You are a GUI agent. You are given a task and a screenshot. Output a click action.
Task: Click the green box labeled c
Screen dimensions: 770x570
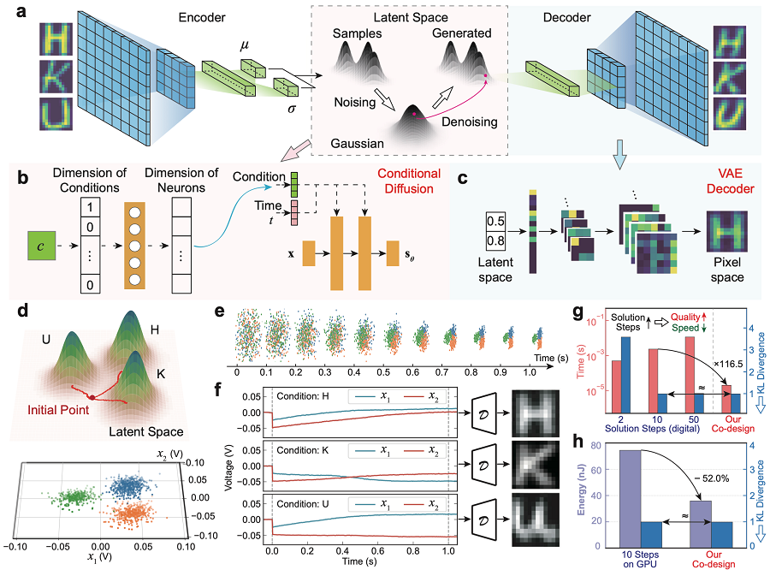click(41, 246)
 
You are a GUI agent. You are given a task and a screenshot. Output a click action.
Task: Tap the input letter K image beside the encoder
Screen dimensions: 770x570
click(56, 77)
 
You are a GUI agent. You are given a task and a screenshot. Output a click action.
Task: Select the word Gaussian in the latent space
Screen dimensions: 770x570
click(357, 144)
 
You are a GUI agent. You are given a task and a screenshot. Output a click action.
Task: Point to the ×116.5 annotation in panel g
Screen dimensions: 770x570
click(728, 364)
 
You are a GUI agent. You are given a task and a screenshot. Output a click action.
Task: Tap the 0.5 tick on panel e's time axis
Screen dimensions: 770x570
click(383, 372)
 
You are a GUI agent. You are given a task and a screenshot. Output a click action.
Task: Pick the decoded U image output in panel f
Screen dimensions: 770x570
click(536, 520)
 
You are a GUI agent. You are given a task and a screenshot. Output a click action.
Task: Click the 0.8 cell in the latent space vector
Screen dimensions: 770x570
click(495, 240)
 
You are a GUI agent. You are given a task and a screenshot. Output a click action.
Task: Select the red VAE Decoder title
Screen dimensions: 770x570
click(730, 181)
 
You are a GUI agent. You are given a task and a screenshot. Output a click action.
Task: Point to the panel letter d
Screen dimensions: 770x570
click(22, 311)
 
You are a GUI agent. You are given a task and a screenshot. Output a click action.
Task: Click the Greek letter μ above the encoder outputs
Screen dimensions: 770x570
click(245, 45)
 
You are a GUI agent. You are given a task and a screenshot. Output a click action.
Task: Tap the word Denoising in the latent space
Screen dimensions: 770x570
click(470, 122)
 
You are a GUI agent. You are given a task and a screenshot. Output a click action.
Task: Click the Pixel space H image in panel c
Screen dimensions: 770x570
click(726, 231)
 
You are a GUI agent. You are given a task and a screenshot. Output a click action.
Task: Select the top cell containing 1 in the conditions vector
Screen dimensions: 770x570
click(90, 207)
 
